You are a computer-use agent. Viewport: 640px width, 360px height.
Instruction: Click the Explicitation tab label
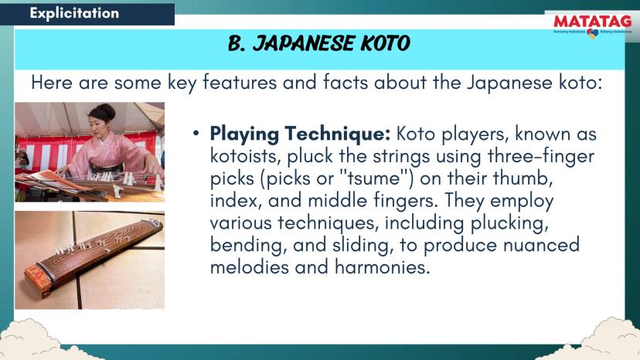74,13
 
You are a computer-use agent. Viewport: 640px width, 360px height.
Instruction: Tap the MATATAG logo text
593,21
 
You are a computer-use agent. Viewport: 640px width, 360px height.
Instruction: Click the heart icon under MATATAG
593,33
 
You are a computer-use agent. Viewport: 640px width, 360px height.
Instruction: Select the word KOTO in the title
385,43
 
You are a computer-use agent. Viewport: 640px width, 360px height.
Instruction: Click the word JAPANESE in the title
305,43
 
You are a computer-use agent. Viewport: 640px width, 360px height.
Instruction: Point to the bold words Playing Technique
300,134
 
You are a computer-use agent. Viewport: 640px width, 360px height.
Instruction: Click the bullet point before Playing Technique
196,133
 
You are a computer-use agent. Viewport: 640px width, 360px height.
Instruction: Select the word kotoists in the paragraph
245,156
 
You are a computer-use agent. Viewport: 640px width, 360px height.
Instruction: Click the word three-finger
541,156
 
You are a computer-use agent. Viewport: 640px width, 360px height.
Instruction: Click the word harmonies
382,267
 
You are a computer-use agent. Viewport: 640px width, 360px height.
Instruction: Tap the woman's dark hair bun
103,112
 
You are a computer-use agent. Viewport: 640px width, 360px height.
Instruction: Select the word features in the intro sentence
240,83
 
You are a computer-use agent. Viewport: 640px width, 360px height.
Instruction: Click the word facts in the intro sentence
346,83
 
